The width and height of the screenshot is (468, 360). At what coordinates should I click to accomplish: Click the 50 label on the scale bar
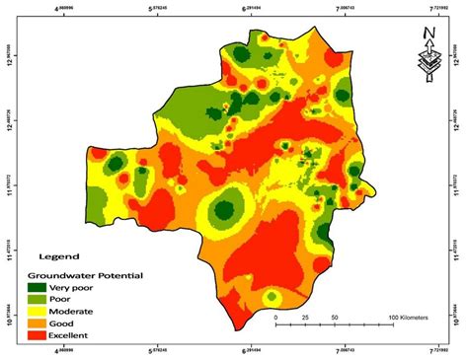pyautogui.click(x=335, y=318)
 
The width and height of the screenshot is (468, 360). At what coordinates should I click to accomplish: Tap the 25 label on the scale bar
pyautogui.click(x=305, y=318)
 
